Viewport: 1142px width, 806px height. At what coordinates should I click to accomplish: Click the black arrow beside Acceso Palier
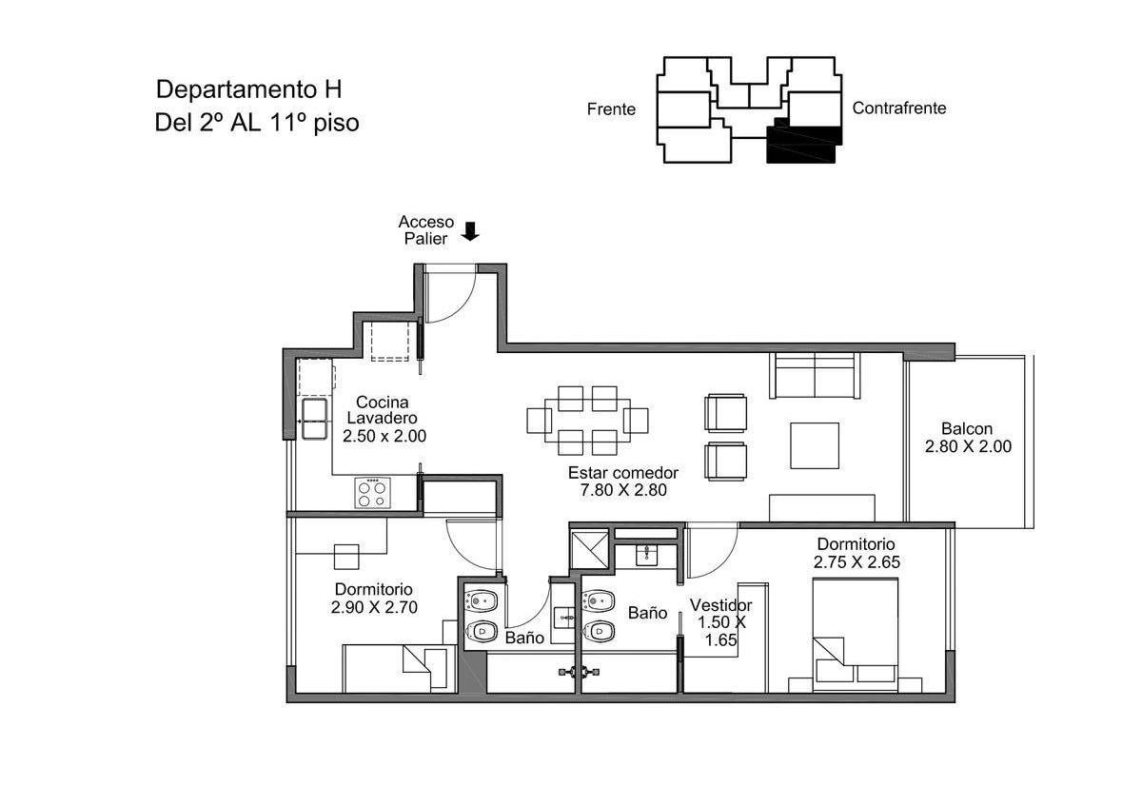point(470,231)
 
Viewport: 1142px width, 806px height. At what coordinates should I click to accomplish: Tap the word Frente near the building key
point(611,109)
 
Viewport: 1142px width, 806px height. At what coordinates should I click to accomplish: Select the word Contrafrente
point(898,108)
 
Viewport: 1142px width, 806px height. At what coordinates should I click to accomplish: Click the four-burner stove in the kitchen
point(373,493)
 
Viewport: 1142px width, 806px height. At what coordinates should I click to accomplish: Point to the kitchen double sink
point(314,419)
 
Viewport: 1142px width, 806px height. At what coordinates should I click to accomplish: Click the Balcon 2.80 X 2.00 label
point(968,438)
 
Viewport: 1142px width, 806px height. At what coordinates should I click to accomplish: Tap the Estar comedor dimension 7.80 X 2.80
point(623,490)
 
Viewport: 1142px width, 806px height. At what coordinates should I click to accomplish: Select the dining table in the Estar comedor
point(587,421)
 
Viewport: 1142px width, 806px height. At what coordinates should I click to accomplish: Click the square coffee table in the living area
point(815,445)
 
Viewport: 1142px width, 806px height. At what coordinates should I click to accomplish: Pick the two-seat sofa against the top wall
point(815,375)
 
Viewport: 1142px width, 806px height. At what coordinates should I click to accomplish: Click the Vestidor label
point(720,605)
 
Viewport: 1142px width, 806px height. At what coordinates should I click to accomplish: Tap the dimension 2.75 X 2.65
point(856,561)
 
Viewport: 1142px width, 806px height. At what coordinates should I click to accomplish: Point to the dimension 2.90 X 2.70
point(374,607)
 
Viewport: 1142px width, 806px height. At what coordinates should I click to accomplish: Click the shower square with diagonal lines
point(590,550)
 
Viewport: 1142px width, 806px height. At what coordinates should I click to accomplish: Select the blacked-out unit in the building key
point(803,141)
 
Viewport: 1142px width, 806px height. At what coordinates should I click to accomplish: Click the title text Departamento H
point(248,89)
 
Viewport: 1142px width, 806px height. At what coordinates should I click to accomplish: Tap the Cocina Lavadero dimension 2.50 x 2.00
point(384,436)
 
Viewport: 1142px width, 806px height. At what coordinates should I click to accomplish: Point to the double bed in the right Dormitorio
point(855,636)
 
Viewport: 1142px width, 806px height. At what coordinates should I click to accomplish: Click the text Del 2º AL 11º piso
point(256,123)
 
